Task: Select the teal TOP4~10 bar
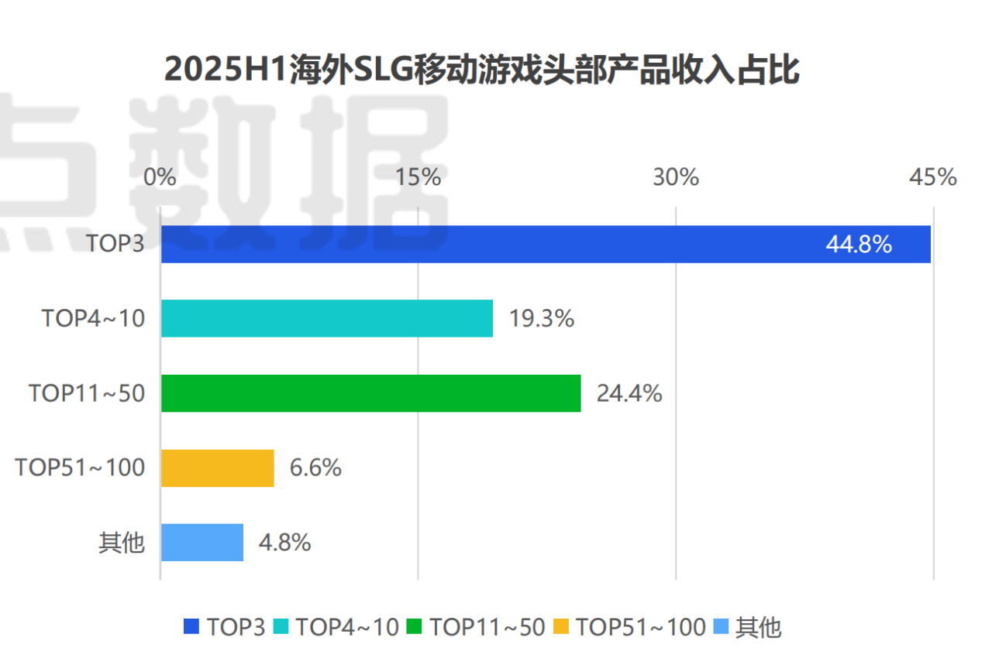tap(326, 318)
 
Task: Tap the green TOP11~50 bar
tap(370, 393)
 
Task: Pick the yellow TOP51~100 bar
tap(217, 468)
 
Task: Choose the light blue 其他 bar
tap(201, 543)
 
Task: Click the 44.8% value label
tap(859, 245)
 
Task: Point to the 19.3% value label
tap(541, 318)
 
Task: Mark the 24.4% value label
tap(629, 393)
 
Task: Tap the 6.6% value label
tap(315, 468)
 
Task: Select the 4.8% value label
tap(284, 543)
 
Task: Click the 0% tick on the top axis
tap(160, 177)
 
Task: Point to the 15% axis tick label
tap(418, 177)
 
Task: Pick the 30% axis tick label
tap(676, 177)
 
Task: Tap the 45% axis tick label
tap(933, 177)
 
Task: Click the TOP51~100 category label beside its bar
tap(80, 468)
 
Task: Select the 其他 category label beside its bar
tap(122, 543)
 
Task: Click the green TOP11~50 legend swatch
tap(415, 626)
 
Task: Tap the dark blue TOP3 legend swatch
tap(191, 626)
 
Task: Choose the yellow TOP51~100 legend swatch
tap(561, 626)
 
